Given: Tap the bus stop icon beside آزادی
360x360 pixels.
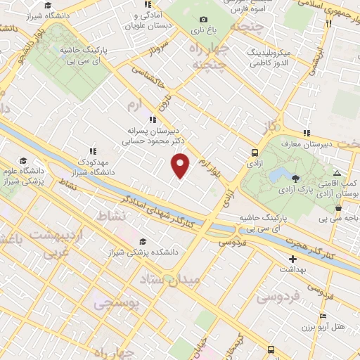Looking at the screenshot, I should tap(254, 153).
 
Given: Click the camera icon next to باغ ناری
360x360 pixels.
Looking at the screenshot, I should tap(203, 20).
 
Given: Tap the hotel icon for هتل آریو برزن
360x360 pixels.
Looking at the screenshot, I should tap(323, 316).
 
